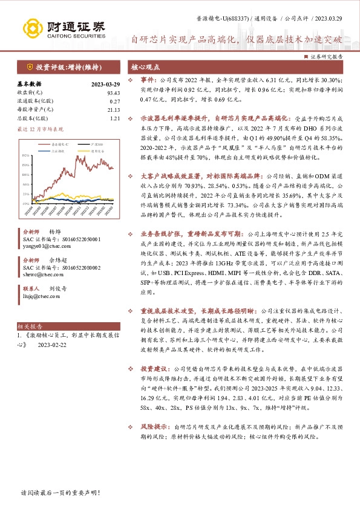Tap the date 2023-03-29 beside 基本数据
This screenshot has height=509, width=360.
click(x=106, y=84)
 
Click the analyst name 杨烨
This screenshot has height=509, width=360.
click(x=55, y=232)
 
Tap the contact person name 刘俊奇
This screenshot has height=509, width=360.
click(x=59, y=289)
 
